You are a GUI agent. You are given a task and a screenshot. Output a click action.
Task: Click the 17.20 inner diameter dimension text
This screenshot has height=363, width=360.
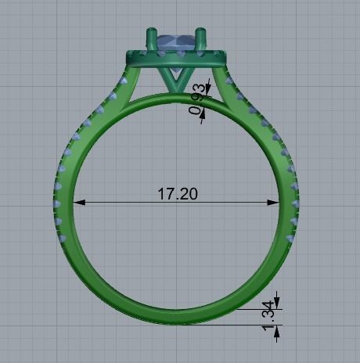click(178, 192)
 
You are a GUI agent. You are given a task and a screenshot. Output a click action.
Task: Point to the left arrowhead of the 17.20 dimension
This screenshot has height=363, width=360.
click(79, 203)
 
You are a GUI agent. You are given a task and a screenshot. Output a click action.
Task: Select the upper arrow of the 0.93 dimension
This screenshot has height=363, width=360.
click(206, 88)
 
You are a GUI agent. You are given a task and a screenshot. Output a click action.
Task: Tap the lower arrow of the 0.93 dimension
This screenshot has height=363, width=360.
click(203, 118)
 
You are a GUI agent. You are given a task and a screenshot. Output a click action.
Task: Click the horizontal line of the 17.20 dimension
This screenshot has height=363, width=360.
click(125, 203)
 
